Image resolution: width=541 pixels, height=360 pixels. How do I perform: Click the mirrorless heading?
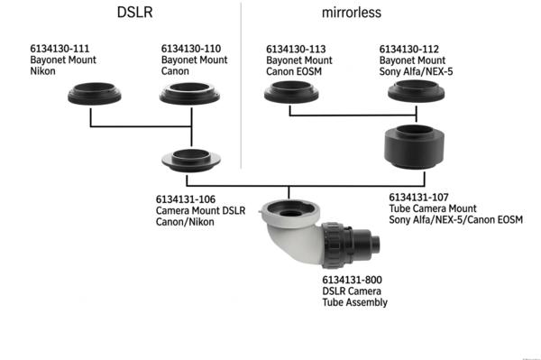pos(354,14)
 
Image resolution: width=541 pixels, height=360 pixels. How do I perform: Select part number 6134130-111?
pos(60,48)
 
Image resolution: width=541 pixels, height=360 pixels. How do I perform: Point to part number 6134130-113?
pos(298,48)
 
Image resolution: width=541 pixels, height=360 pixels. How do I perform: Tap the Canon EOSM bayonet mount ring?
pos(289,91)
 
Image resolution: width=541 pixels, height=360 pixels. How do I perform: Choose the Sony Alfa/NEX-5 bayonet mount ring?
pos(414,91)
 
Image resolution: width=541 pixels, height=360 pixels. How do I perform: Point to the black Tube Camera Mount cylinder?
pos(414,147)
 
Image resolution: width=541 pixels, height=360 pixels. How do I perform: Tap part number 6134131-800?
pos(353,280)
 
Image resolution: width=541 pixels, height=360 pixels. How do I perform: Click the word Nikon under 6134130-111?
pos(43,69)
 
